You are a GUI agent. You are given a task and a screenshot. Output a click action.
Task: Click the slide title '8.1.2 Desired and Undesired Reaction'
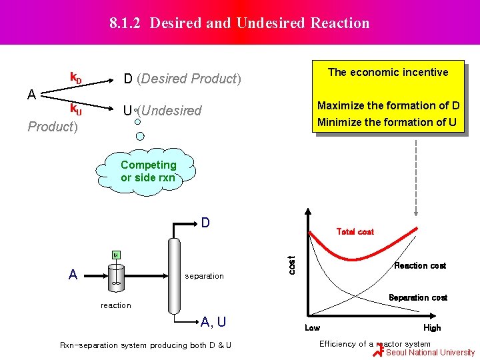(x=240, y=23)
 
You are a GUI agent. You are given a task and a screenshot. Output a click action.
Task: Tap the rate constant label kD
(x=77, y=79)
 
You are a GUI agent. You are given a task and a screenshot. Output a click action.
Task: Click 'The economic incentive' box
(x=388, y=73)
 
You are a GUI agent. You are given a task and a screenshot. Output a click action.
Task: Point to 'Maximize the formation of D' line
(x=388, y=106)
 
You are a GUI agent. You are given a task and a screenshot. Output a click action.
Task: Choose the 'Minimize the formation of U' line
(x=387, y=123)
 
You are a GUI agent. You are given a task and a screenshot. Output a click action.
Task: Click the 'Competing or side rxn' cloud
(x=148, y=171)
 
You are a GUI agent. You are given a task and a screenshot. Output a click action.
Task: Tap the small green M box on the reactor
(x=115, y=255)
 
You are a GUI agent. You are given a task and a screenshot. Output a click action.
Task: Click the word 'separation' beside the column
(x=204, y=276)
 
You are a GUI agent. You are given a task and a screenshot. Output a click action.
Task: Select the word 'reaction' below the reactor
(x=116, y=305)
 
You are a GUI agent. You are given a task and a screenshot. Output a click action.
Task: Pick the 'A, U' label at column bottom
(x=213, y=323)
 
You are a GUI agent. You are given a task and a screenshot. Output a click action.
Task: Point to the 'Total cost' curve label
(x=355, y=232)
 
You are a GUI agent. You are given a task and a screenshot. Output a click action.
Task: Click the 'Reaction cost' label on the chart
(x=420, y=266)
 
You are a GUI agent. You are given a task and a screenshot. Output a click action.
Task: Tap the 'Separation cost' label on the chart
(x=418, y=298)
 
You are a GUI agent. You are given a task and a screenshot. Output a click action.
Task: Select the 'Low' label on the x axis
(x=312, y=328)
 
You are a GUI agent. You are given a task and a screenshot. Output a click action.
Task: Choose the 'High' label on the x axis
(x=432, y=328)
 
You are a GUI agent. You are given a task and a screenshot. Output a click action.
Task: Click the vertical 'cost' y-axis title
(x=291, y=263)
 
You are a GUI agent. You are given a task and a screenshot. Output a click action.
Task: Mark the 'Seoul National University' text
(x=431, y=353)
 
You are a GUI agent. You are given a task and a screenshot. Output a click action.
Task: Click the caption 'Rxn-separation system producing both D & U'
(x=146, y=345)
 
